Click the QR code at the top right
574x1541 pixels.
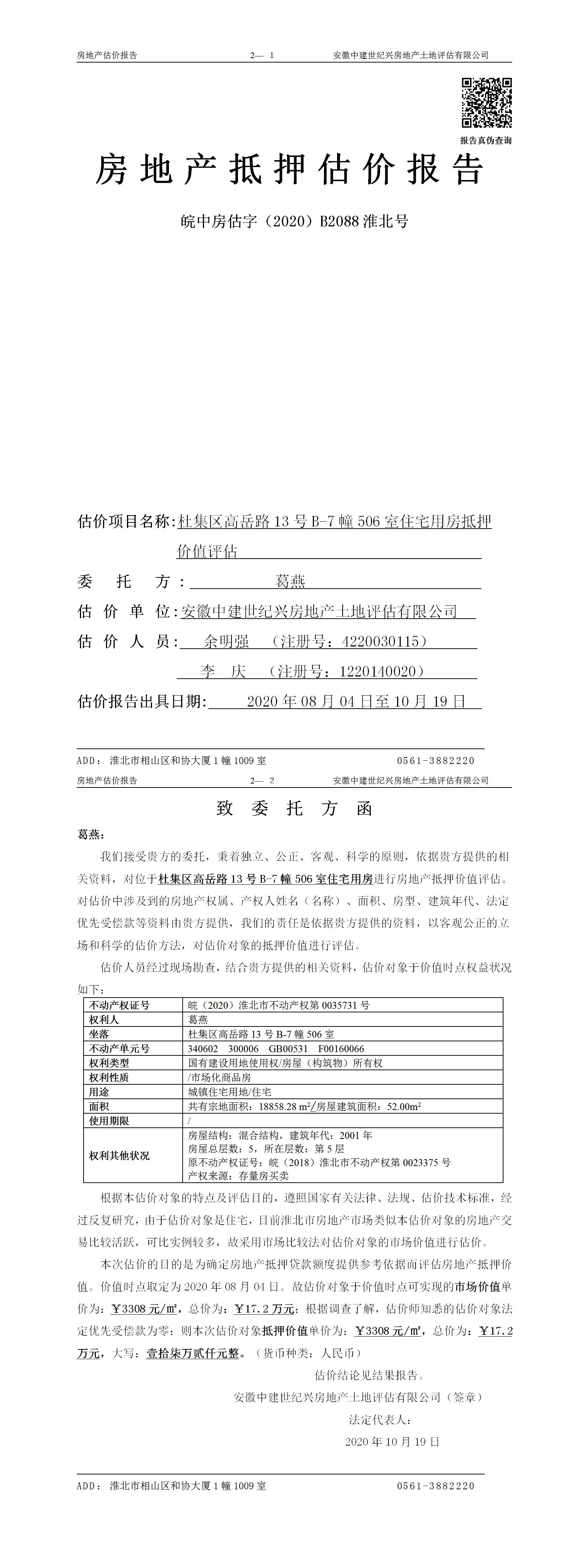(x=486, y=103)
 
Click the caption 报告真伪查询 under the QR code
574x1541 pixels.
(x=485, y=141)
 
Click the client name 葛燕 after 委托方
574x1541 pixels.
(x=290, y=581)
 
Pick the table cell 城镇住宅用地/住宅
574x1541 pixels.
(x=229, y=1092)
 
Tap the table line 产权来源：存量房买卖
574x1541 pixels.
(x=238, y=1175)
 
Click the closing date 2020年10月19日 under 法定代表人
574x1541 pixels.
(x=392, y=1442)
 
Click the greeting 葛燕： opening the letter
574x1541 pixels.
(x=92, y=834)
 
